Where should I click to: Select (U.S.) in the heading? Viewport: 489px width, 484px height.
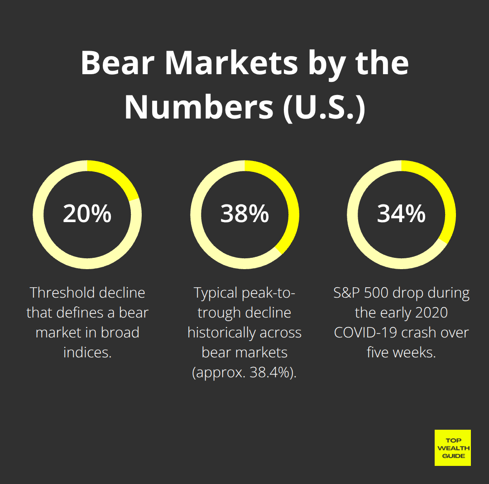point(324,108)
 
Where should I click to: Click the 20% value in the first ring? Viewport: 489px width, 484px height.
point(87,214)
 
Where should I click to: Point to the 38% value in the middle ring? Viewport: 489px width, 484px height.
point(244,214)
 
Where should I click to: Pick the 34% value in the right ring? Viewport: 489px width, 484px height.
point(401,214)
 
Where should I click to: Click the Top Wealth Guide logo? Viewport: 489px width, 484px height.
point(452,447)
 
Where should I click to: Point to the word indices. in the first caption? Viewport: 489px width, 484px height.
point(87,352)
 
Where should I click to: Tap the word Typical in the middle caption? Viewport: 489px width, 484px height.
point(216,293)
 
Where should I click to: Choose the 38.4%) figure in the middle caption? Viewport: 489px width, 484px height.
point(273,373)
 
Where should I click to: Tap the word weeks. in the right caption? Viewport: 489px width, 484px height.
point(413,352)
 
